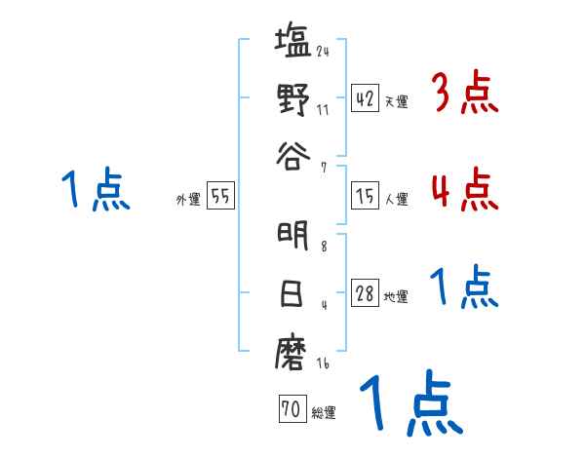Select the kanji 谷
[293, 153]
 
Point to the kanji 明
[293, 237]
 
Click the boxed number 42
[365, 98]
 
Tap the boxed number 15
[365, 196]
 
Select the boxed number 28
[365, 293]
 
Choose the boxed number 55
[220, 196]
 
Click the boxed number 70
[292, 410]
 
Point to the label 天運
[397, 101]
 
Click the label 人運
[397, 199]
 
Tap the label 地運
[397, 296]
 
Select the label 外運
[188, 199]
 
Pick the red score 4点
[463, 189]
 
